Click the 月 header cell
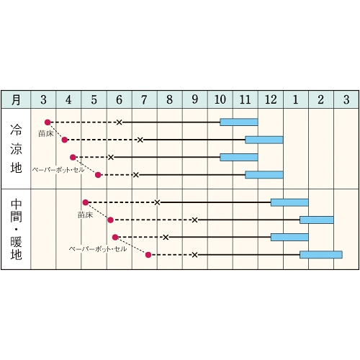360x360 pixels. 16,99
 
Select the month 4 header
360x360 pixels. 68,99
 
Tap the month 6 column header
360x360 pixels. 120,99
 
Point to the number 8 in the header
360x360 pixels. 170,99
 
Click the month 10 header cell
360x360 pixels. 220,99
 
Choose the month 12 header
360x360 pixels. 271,99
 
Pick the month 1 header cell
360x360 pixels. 296,99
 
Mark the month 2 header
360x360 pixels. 321,99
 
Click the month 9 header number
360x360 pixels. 195,99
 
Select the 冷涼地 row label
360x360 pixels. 16,149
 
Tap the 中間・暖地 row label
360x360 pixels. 16,230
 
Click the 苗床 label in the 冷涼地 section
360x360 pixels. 46,133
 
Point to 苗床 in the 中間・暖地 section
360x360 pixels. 85,215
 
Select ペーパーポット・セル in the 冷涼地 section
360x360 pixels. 58,170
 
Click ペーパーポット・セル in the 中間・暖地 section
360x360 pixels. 98,249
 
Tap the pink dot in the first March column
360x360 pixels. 48,122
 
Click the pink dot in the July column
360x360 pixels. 148,255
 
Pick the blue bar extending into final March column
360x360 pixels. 321,255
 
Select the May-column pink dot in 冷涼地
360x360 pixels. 98,175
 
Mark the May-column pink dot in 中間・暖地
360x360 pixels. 86,202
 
